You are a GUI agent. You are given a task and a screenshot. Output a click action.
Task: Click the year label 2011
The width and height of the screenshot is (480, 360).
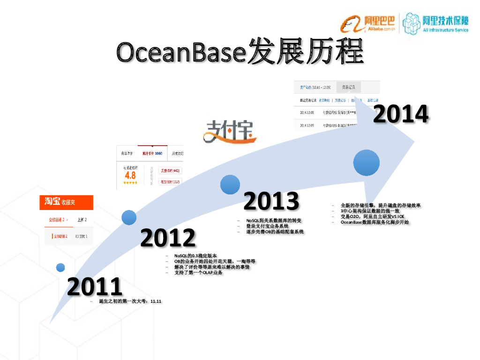tap(95, 286)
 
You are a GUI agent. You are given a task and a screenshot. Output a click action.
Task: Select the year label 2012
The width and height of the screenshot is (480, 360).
tap(168, 238)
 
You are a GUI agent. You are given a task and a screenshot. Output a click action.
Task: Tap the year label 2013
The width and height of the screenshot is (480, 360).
tap(271, 202)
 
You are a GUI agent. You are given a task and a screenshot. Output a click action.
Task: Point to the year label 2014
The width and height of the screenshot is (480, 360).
tap(401, 114)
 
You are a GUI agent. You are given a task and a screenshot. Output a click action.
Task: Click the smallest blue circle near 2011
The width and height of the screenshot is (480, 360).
tap(60, 267)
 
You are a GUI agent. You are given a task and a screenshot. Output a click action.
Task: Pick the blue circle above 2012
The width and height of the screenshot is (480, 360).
tap(129, 217)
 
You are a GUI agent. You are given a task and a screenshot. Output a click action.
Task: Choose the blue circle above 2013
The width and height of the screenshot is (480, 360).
tap(230, 185)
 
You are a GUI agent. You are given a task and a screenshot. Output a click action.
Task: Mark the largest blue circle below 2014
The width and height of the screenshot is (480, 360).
tap(367, 163)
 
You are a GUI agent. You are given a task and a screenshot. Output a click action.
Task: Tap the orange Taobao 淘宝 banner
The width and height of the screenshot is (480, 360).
tap(66, 202)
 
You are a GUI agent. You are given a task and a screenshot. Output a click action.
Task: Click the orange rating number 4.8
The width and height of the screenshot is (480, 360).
tap(130, 175)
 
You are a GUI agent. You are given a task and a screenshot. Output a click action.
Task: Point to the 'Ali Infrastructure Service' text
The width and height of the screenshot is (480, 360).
tap(445, 30)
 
